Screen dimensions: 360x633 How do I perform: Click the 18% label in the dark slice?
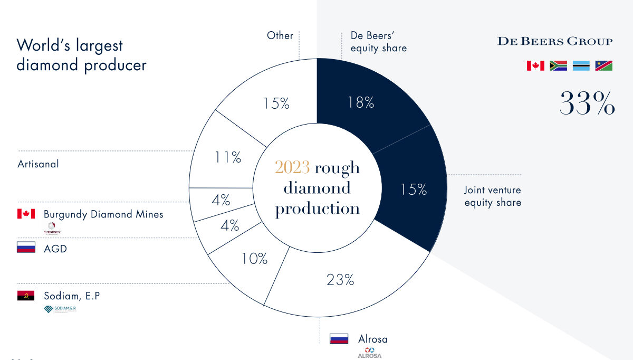361,102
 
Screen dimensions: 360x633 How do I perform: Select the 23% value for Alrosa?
340,280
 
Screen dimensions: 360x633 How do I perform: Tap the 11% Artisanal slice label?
227,157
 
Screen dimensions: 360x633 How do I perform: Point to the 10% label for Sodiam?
254,259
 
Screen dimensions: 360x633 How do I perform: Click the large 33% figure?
587,103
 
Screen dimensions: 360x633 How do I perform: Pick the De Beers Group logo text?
555,41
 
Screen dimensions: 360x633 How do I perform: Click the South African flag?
558,65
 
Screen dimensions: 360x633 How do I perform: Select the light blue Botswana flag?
581,65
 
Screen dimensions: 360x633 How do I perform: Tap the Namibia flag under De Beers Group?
603,65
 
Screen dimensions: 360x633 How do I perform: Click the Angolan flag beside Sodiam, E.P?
26,296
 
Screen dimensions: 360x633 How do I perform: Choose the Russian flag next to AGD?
26,248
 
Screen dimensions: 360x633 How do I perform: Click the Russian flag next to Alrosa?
339,339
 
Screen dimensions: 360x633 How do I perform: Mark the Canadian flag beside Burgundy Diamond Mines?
26,214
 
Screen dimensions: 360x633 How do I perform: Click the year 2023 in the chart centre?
292,168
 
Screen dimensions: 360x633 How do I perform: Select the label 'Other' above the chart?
280,35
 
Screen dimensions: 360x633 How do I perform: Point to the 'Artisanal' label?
38,164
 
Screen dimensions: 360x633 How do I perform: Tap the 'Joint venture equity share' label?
493,196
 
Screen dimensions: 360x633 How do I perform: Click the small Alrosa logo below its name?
369,353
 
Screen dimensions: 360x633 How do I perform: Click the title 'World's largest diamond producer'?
81,55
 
